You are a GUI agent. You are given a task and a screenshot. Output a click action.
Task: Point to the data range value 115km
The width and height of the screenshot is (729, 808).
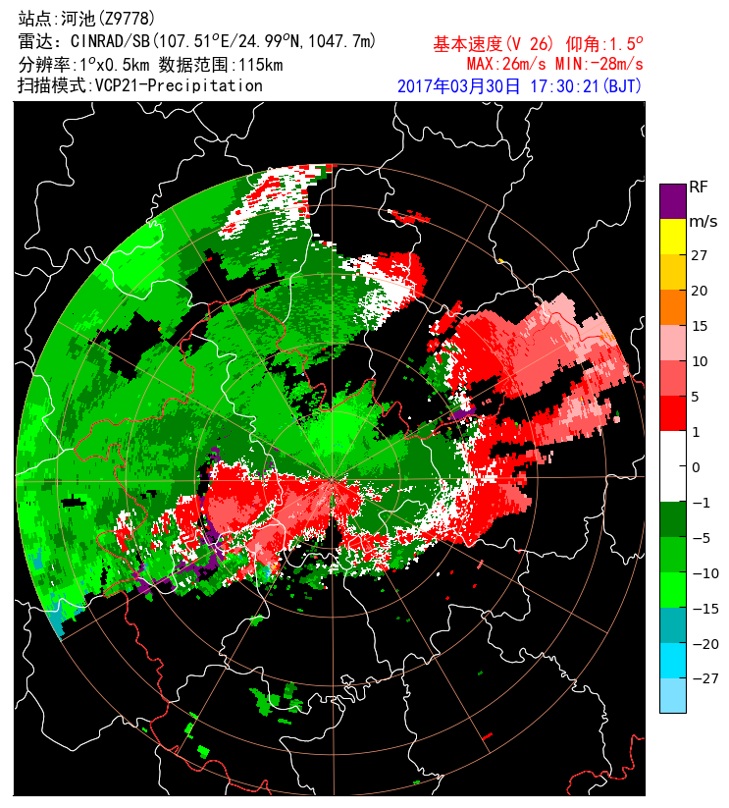click(260, 64)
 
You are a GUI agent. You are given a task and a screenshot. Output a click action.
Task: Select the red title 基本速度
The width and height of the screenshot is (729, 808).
click(467, 45)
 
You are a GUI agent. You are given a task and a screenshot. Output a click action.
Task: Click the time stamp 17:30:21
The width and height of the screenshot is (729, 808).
click(563, 86)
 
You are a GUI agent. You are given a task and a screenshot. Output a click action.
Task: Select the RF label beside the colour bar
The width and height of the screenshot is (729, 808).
click(699, 187)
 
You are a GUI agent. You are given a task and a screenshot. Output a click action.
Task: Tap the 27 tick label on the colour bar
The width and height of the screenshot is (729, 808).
click(699, 255)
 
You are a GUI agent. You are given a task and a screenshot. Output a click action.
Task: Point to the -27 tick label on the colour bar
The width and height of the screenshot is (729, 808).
click(703, 678)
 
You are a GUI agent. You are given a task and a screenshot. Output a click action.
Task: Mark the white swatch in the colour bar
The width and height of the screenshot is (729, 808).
click(672, 465)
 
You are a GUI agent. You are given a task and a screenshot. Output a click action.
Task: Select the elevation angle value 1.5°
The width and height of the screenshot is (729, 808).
click(625, 45)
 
